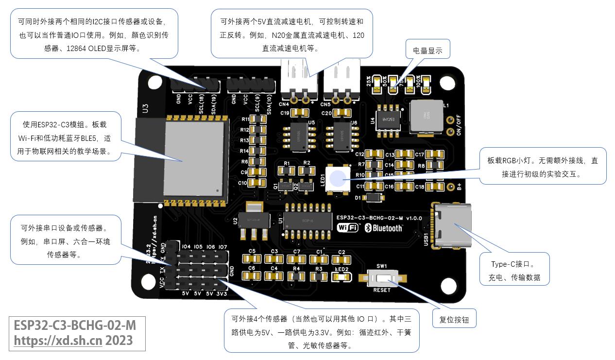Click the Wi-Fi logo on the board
tap(348, 228)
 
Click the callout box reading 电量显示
tap(427, 51)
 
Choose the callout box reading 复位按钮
tap(454, 320)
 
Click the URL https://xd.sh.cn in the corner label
tap(58, 341)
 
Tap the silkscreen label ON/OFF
tap(460, 125)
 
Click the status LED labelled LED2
tap(342, 277)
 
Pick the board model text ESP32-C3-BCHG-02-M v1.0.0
tap(379, 218)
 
